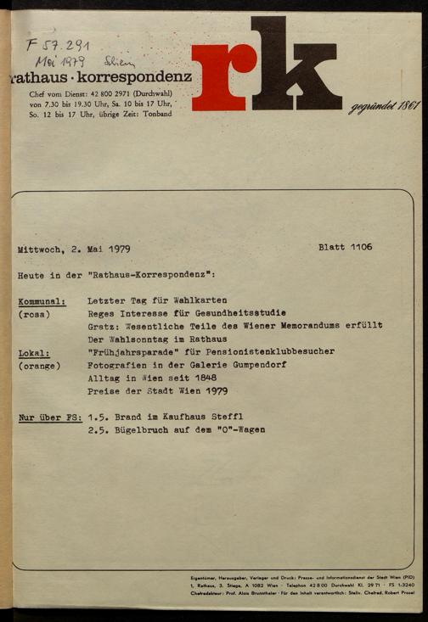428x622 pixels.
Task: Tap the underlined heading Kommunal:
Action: click(x=42, y=301)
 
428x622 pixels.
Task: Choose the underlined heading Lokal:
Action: click(x=34, y=352)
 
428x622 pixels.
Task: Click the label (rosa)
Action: click(x=35, y=314)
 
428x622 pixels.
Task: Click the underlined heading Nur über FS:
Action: click(x=50, y=417)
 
